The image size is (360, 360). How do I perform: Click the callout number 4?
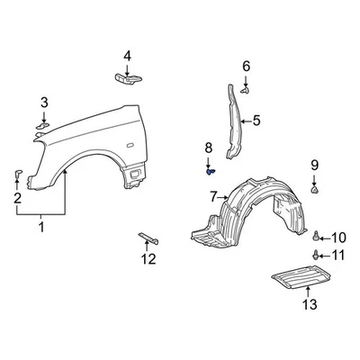(x=127, y=57)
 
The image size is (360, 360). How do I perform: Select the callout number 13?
(x=309, y=305)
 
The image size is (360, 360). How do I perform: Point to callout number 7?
(x=213, y=196)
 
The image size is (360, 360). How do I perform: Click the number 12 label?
(x=148, y=260)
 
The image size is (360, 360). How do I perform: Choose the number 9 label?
(x=315, y=164)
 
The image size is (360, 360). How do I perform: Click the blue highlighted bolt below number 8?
(x=210, y=170)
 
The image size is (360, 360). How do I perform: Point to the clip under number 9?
(x=315, y=190)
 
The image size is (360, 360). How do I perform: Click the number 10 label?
(x=338, y=238)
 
